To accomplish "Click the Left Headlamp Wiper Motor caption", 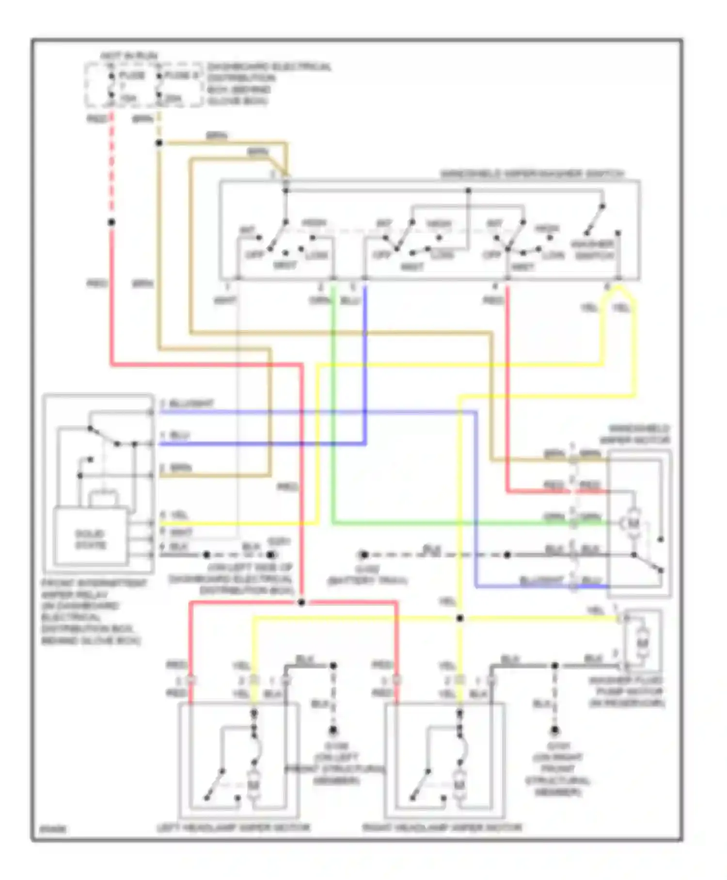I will point(233,828).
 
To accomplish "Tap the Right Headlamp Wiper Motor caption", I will point(442,828).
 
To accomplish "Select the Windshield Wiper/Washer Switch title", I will point(532,174).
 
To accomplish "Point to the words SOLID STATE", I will point(91,539).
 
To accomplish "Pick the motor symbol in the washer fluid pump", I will point(643,643).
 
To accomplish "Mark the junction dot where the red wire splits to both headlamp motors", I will point(301,603).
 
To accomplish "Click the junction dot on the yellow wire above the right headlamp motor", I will point(460,619).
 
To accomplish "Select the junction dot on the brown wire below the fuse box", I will point(159,143).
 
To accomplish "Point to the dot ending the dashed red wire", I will point(111,222).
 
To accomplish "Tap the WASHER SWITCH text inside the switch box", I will point(593,249).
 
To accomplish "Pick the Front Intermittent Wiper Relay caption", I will point(92,611).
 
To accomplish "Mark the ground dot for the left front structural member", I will point(333,730).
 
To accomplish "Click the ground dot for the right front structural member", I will point(555,730).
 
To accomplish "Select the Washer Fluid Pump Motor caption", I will point(627,692).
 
